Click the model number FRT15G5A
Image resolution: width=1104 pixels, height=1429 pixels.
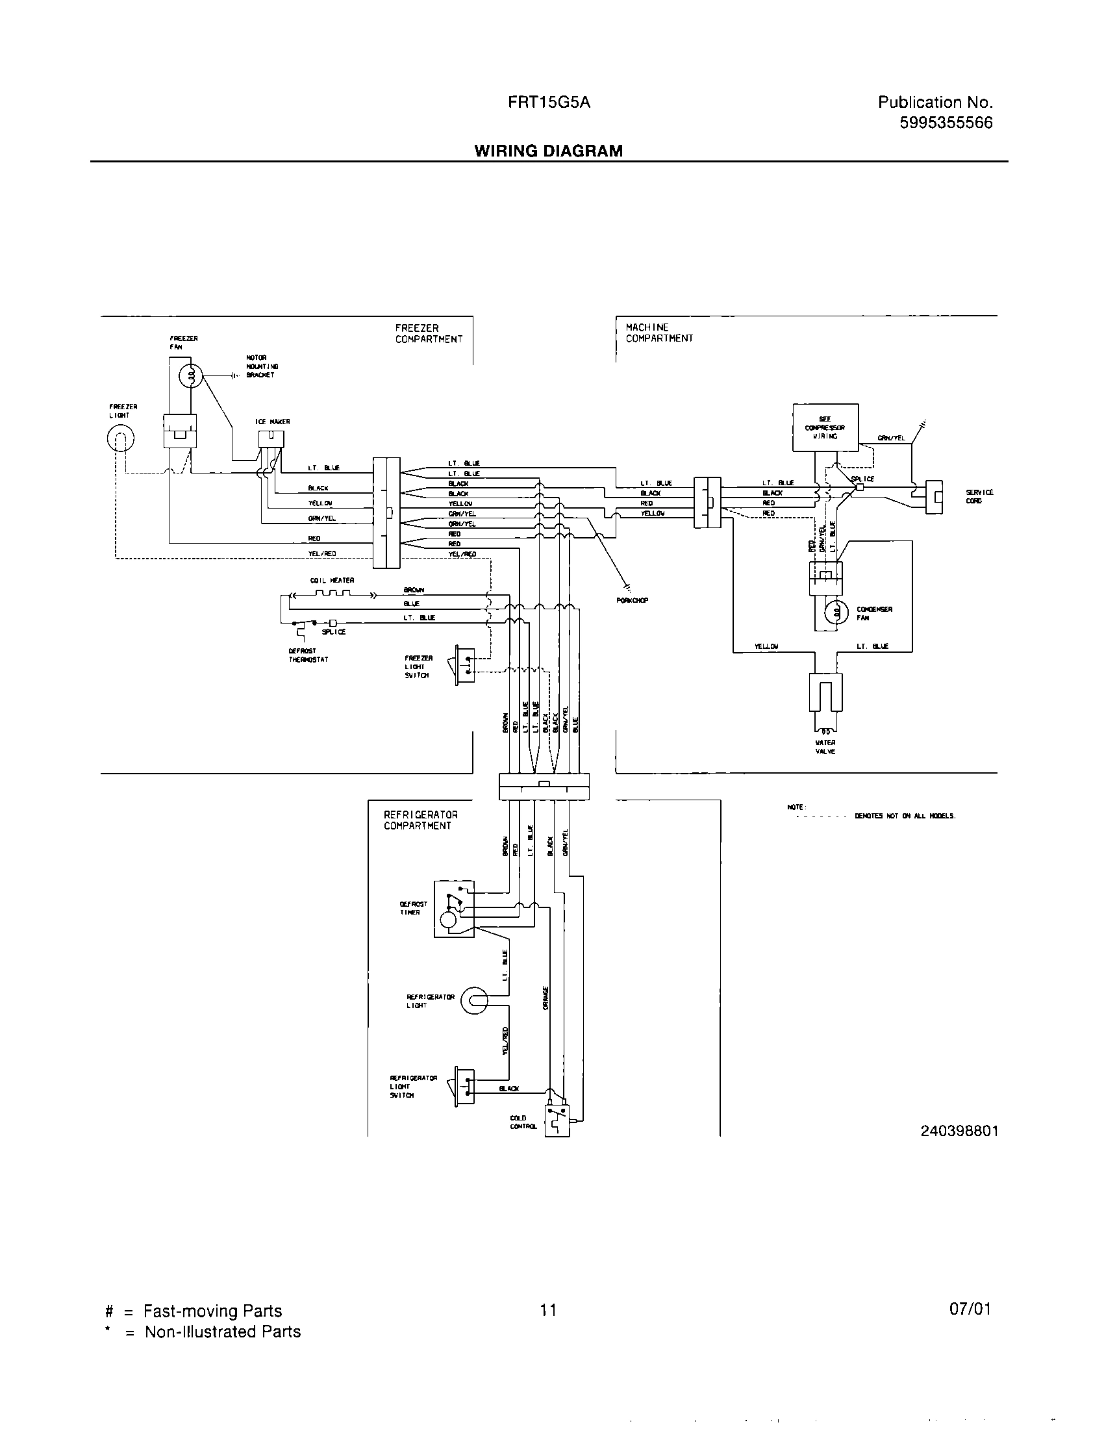click(549, 102)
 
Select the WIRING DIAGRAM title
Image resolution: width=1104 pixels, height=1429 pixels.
click(548, 151)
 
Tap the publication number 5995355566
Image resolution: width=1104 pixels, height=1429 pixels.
click(946, 122)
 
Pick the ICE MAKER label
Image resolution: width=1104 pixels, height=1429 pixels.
click(272, 422)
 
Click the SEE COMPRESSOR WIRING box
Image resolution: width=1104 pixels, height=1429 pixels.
click(825, 427)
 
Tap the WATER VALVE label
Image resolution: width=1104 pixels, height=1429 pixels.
click(825, 747)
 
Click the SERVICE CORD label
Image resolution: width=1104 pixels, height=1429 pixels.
click(979, 496)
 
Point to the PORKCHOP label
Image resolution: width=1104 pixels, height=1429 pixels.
click(632, 601)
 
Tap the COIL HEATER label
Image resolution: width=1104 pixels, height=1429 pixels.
click(332, 580)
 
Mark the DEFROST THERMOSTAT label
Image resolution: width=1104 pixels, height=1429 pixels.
click(308, 655)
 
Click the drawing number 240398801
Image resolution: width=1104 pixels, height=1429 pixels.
click(959, 1132)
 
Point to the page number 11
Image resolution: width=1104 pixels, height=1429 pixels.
click(548, 1309)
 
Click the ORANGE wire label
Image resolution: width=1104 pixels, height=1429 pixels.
click(546, 998)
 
